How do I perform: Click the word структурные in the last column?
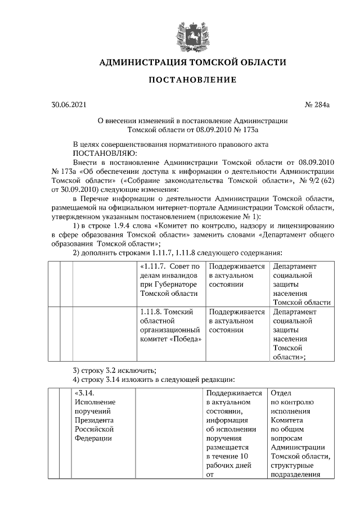point(292,466)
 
